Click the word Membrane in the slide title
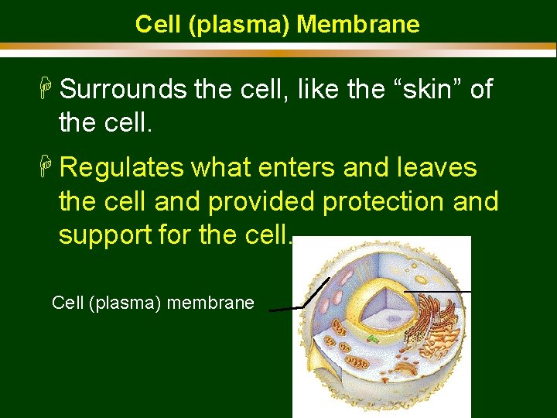click(357, 25)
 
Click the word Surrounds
click(123, 90)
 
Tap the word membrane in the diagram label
click(210, 303)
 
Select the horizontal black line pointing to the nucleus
click(438, 291)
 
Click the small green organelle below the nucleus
click(373, 339)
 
